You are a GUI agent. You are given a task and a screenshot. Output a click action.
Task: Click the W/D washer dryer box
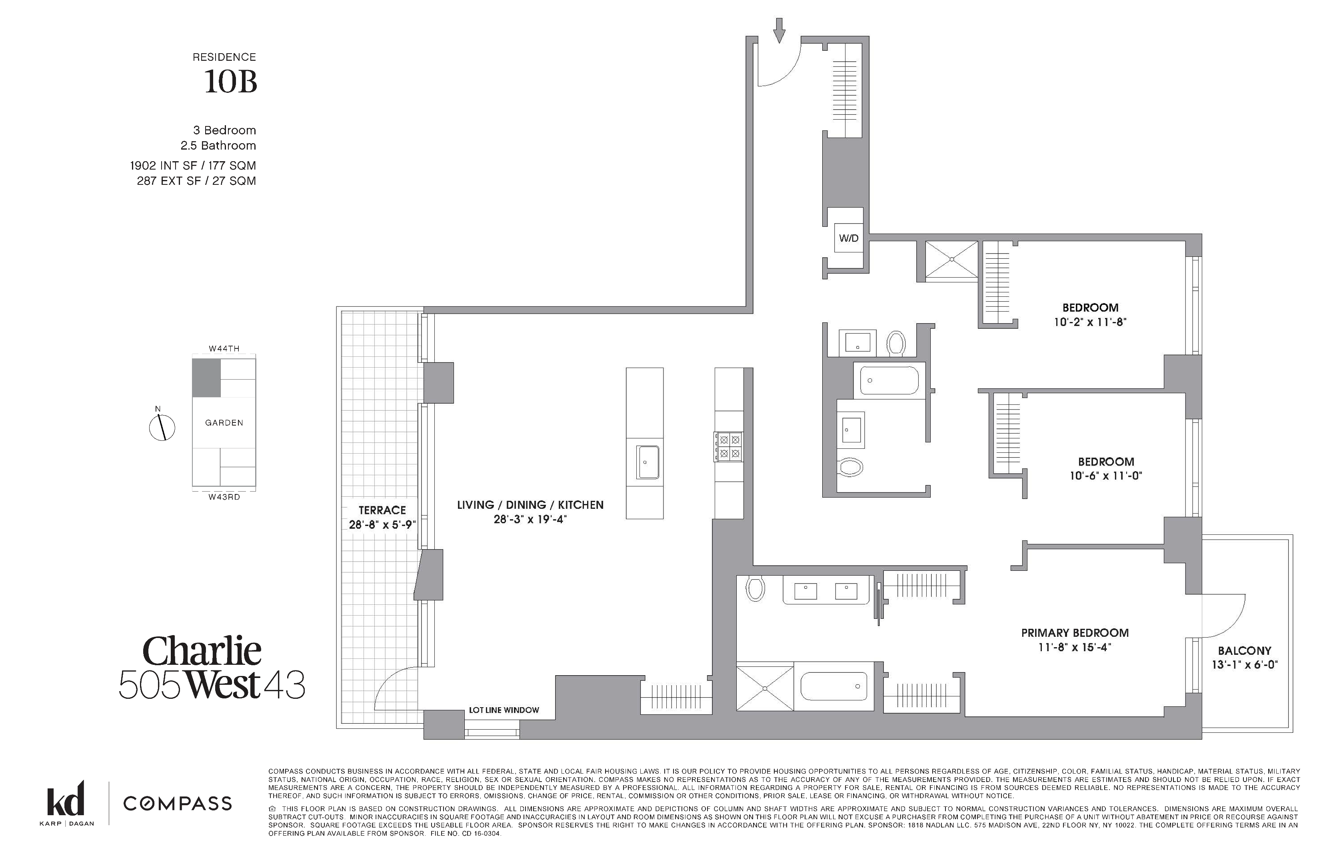coord(848,238)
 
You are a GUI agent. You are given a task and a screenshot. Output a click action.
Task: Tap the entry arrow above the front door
coord(779,30)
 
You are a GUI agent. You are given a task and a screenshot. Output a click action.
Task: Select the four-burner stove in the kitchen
coord(728,446)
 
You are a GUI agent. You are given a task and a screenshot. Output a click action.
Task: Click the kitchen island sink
coord(648,462)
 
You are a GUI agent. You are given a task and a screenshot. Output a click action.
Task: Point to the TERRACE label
coord(382,510)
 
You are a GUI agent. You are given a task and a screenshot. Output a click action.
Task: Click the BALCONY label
coord(1244,651)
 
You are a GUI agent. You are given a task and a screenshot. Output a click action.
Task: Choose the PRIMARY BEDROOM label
coord(1075,633)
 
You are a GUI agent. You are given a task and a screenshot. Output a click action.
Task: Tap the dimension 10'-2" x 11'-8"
coord(1090,322)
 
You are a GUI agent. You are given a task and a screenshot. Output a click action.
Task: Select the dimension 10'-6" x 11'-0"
coord(1105,476)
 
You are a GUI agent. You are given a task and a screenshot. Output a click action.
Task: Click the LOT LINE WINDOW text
coord(504,710)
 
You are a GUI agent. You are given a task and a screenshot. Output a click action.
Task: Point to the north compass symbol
coord(162,427)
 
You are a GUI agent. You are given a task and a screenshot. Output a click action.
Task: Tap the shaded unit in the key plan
coord(206,378)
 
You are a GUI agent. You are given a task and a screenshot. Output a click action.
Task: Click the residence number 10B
coord(230,82)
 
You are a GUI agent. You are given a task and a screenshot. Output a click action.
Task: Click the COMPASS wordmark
coord(177,804)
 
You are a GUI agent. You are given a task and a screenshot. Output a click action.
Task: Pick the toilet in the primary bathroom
coord(755,589)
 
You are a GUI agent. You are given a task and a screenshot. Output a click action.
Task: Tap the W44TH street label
coord(224,348)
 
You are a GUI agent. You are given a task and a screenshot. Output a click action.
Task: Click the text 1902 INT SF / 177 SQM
coord(193,166)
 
